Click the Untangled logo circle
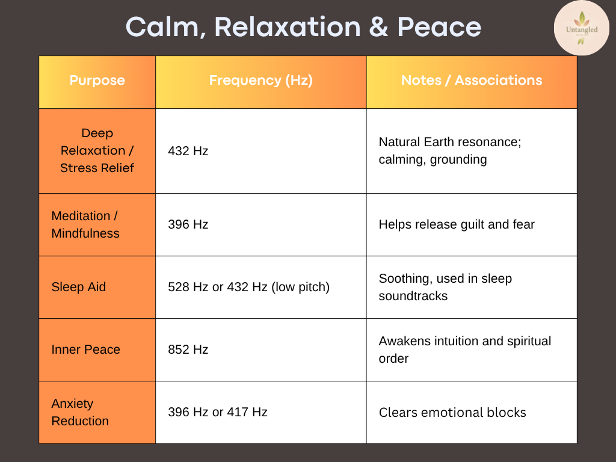coord(581,28)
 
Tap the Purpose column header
coord(97,81)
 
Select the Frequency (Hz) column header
coord(260,81)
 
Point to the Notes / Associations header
coord(472,81)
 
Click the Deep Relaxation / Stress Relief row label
coord(97,150)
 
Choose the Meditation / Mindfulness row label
coord(85,224)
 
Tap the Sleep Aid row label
coord(79,287)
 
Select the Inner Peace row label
coord(86,350)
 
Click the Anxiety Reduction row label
coord(80,412)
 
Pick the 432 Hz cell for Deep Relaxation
coord(188,151)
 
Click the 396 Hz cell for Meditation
coord(188,225)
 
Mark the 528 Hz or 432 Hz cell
coord(248,288)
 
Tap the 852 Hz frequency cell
coord(188,350)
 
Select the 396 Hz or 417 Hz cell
coord(218,412)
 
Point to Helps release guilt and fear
coord(457,225)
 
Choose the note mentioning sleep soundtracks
coord(445,288)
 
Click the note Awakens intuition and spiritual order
coord(464,350)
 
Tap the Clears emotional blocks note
coord(452,413)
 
